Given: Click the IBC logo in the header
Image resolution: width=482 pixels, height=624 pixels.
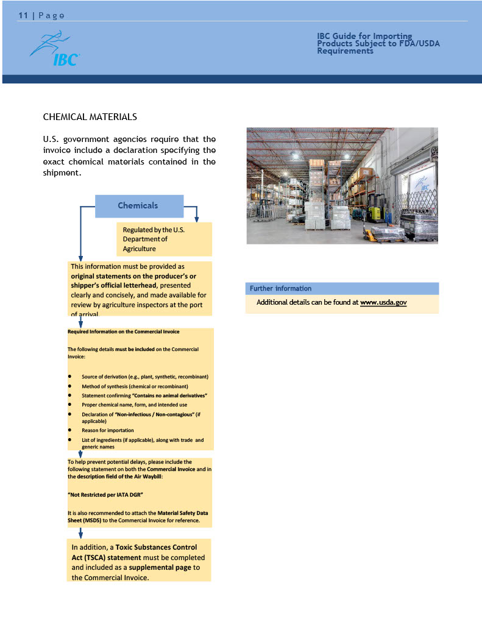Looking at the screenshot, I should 55,51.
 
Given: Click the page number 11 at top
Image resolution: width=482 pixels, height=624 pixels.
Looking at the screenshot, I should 23,16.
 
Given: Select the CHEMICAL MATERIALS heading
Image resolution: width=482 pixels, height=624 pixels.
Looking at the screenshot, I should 90,116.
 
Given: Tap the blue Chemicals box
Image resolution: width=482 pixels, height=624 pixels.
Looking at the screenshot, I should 138,206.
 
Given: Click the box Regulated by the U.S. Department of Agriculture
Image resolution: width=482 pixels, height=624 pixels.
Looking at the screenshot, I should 163,239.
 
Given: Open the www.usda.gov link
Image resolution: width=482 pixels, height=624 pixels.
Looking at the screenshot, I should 383,302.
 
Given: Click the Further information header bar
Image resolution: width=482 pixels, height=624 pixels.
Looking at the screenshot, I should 341,289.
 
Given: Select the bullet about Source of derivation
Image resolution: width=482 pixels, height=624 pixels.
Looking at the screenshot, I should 145,377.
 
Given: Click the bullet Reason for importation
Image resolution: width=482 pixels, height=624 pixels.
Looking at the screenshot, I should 108,430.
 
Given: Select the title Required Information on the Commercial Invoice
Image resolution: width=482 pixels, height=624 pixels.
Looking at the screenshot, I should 123,331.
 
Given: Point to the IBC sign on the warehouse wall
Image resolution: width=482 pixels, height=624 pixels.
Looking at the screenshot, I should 423,185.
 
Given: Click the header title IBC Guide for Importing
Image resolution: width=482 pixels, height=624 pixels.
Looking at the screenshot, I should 364,37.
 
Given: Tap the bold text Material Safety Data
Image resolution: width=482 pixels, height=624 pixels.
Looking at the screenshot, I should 182,513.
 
